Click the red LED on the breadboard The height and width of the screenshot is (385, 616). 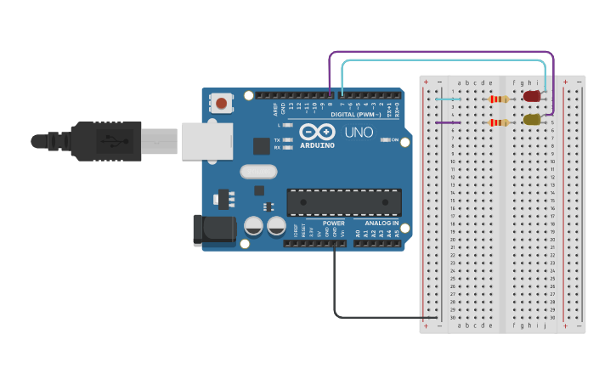pyautogui.click(x=532, y=96)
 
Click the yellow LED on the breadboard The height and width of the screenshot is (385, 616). pyautogui.click(x=532, y=120)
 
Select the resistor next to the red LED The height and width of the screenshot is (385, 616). pyautogui.click(x=500, y=99)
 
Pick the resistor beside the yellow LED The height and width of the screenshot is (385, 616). pyautogui.click(x=500, y=122)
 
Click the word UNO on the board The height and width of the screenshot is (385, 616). pyautogui.click(x=358, y=133)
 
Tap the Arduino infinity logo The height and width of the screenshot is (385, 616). pyautogui.click(x=317, y=133)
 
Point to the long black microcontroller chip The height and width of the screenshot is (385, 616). pyautogui.click(x=344, y=202)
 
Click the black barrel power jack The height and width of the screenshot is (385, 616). pyautogui.click(x=213, y=230)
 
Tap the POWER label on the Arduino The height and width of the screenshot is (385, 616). pyautogui.click(x=334, y=223)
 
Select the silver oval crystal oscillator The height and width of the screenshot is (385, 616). pyautogui.click(x=258, y=172)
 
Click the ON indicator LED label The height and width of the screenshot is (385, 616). pyautogui.click(x=395, y=139)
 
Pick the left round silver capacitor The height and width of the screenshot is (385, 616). pyautogui.click(x=253, y=226)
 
